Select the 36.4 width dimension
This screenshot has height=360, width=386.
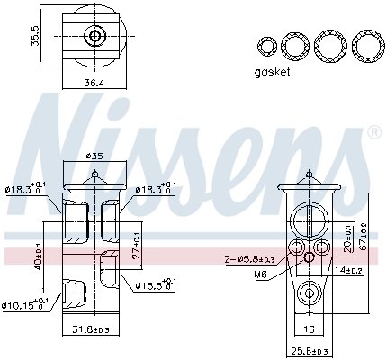[x=94, y=83]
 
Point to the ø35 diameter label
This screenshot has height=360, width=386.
[x=94, y=155]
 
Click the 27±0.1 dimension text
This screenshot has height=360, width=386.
[x=136, y=243]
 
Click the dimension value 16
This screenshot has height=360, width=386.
[x=309, y=329]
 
